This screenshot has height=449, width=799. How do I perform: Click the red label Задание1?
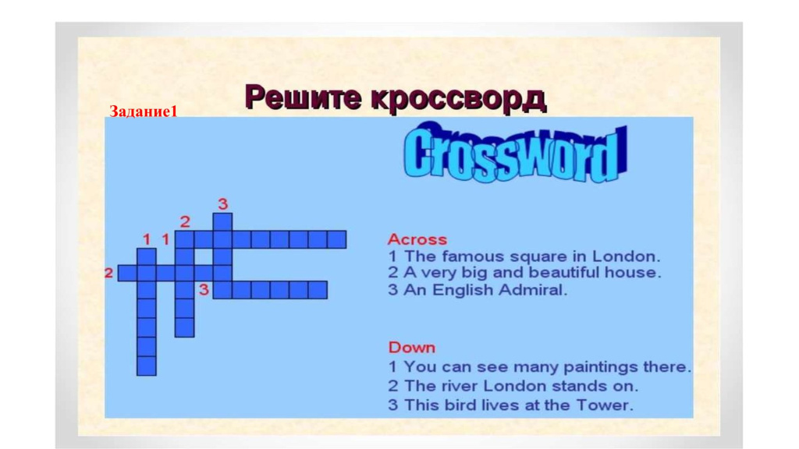coord(144,111)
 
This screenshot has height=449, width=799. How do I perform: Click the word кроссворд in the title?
coord(458,97)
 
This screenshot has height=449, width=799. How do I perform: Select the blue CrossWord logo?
coord(515,153)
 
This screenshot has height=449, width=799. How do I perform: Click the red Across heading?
coord(417,239)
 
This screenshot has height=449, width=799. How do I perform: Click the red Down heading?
coord(412,348)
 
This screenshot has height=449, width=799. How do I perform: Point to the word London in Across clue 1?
coord(627,256)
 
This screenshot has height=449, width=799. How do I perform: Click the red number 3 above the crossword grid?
coord(222,204)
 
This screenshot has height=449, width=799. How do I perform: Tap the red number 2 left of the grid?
coord(108,273)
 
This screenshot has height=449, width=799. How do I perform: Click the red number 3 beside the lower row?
coord(204,290)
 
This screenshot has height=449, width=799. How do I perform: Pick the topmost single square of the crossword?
coord(222,222)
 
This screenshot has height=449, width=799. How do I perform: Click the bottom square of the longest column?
coord(147,366)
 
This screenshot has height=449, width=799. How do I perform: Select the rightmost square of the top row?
coord(337,239)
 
